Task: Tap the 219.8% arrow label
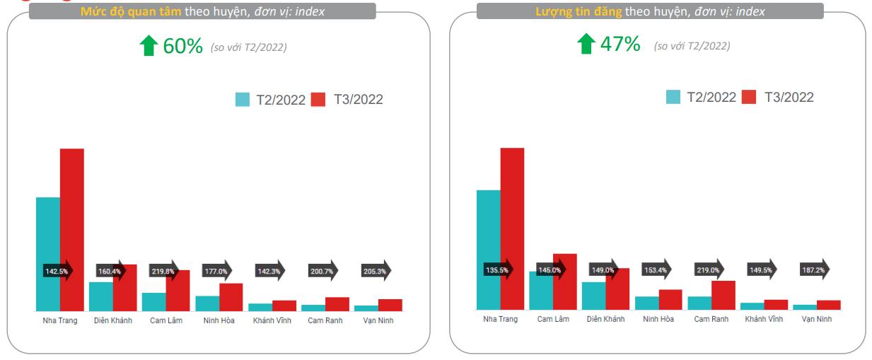[x=162, y=271]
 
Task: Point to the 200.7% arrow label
[x=322, y=271]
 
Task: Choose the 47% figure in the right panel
[x=620, y=45]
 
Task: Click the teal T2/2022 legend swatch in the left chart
[x=242, y=100]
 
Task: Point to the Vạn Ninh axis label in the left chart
[x=378, y=320]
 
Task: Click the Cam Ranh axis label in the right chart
[x=711, y=319]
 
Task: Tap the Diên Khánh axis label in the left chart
[x=113, y=320]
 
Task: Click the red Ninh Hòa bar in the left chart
[x=231, y=297]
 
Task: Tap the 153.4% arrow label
[x=656, y=270]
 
